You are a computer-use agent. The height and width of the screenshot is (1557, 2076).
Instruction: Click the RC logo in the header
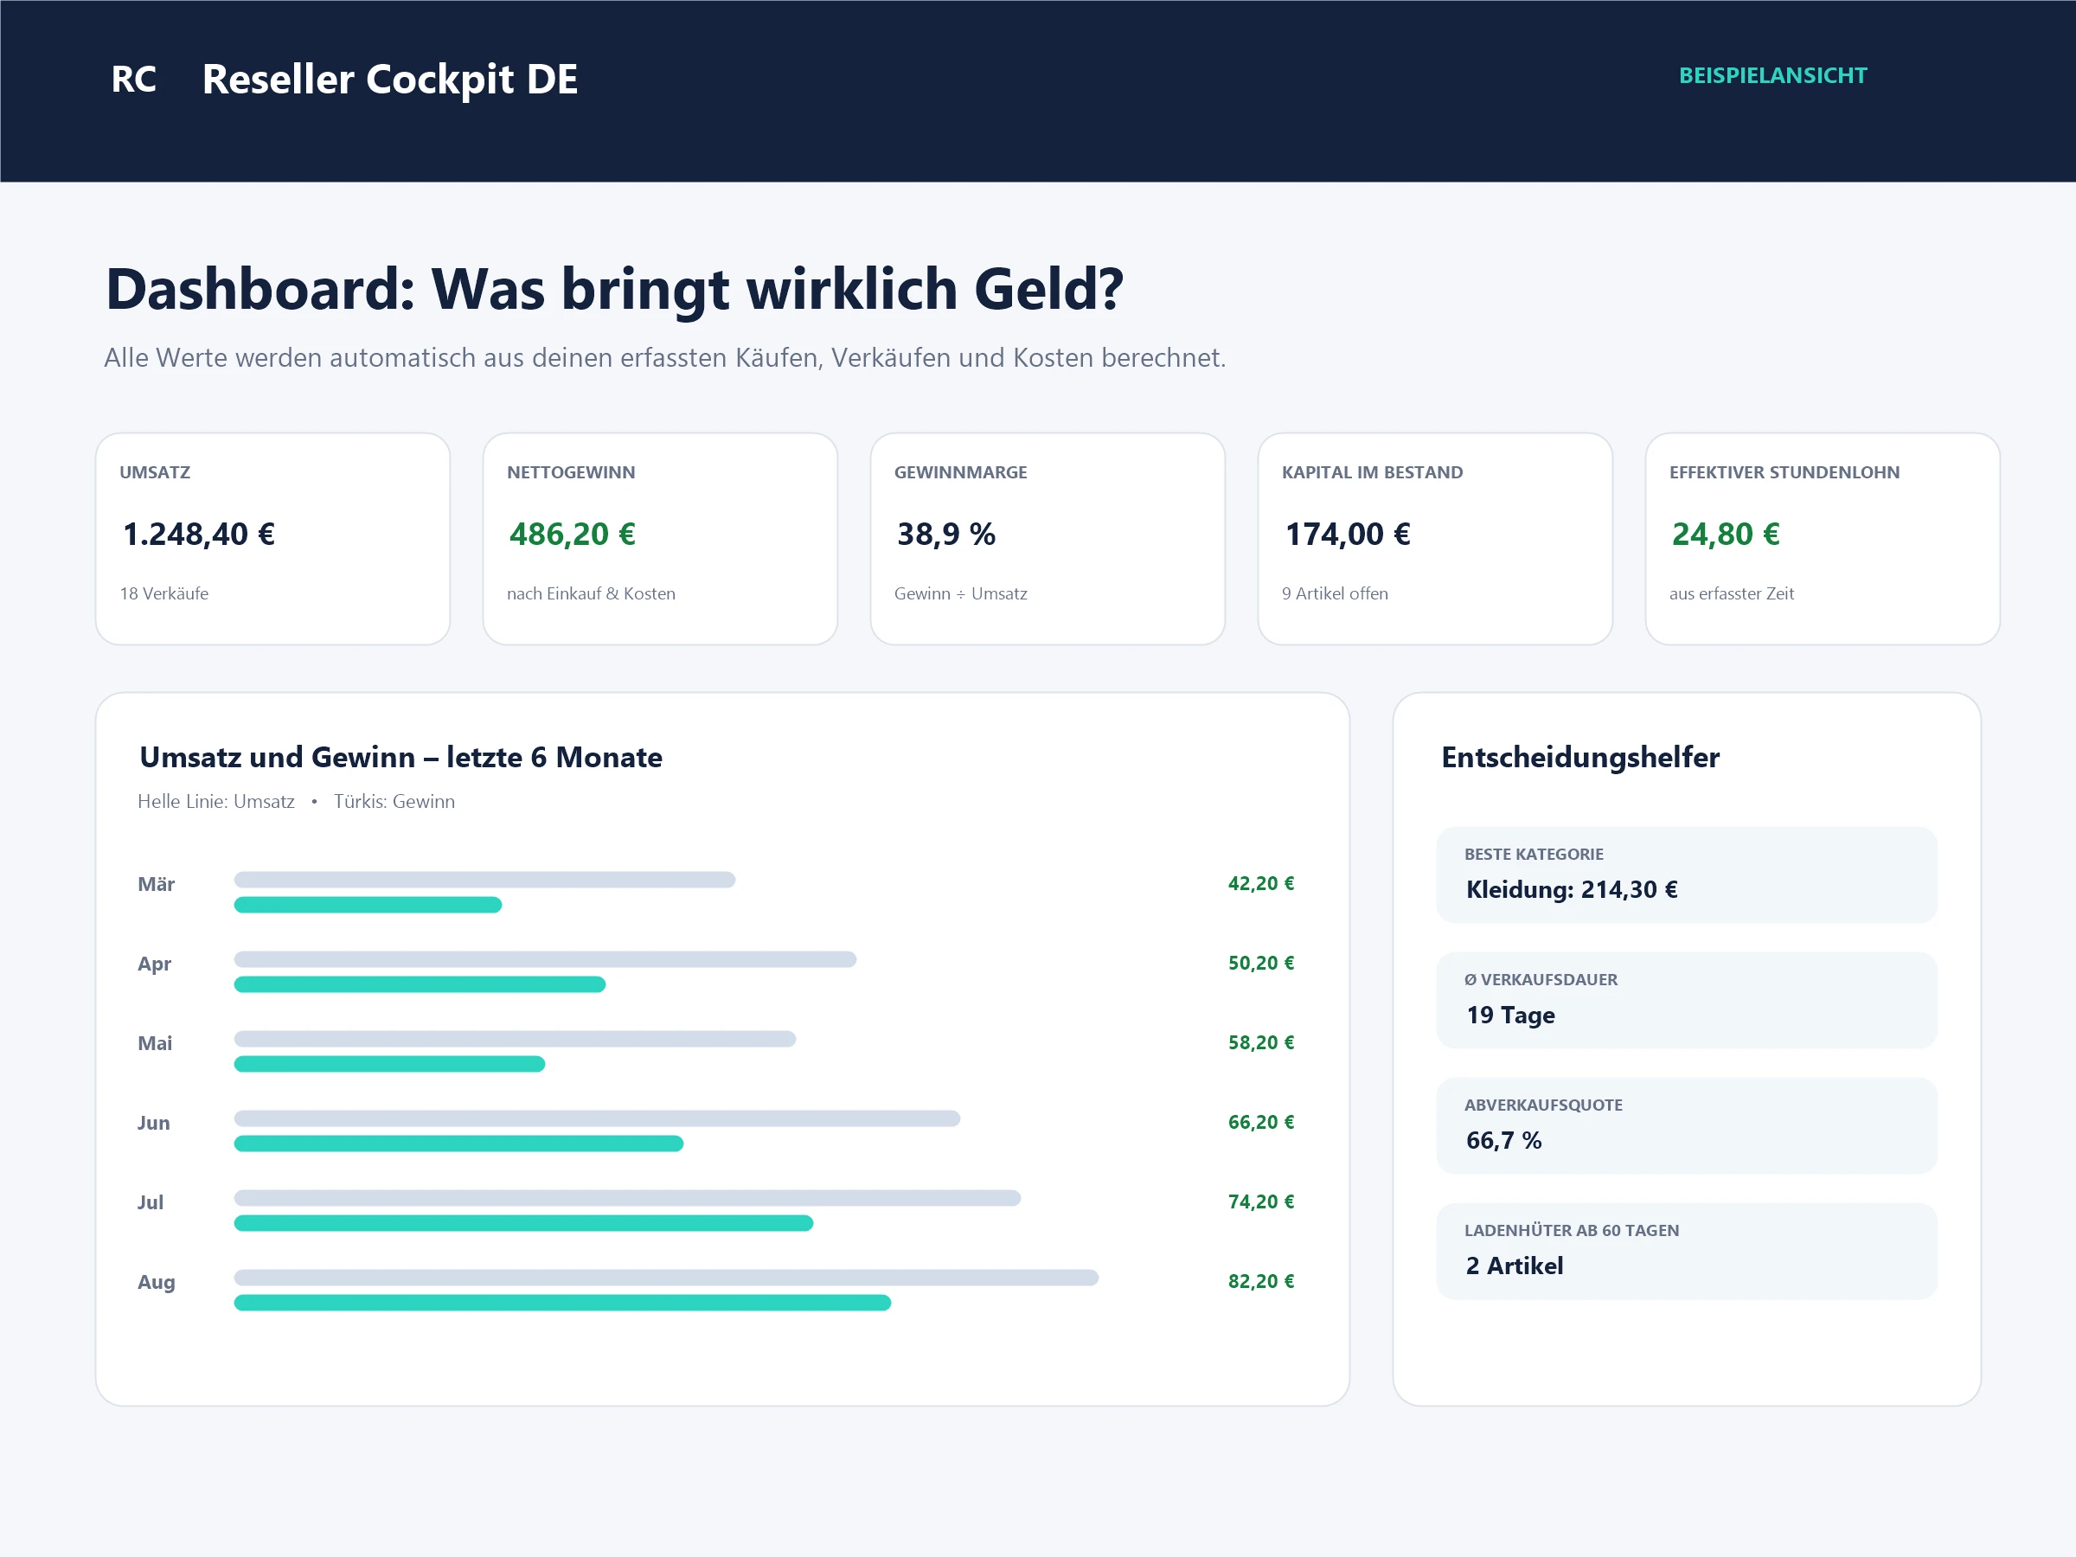(x=133, y=79)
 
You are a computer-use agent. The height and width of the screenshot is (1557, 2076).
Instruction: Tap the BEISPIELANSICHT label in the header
(x=1773, y=76)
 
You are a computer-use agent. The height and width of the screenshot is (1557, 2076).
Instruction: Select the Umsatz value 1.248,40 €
(x=199, y=534)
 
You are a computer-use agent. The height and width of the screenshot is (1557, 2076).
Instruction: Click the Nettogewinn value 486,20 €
(x=573, y=534)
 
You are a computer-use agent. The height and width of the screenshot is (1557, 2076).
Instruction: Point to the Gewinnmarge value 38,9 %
(x=946, y=534)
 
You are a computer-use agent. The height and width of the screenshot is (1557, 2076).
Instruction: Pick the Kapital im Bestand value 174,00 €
(x=1348, y=534)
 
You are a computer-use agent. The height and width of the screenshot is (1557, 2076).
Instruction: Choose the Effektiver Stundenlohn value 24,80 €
(x=1726, y=534)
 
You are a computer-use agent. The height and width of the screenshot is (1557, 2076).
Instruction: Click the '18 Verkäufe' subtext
(x=164, y=593)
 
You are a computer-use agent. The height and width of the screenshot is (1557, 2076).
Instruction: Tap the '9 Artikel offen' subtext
(x=1335, y=593)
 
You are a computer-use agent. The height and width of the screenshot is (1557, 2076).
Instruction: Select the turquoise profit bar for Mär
(x=368, y=905)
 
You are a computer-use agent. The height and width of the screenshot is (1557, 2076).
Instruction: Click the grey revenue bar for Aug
(x=666, y=1278)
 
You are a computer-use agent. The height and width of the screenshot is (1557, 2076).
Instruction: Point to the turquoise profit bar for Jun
(x=459, y=1144)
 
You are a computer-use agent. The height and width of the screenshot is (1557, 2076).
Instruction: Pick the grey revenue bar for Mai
(x=516, y=1039)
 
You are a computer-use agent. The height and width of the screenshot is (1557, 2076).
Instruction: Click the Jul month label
(x=151, y=1202)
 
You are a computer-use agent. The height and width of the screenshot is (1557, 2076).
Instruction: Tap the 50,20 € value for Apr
(x=1261, y=963)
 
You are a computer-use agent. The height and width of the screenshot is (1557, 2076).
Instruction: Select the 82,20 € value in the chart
(x=1261, y=1281)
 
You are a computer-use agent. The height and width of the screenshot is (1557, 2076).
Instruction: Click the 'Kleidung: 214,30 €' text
(x=1572, y=890)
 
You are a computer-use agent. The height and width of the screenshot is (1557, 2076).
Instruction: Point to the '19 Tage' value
(x=1511, y=1016)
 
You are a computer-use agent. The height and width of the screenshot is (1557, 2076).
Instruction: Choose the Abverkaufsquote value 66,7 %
(x=1504, y=1140)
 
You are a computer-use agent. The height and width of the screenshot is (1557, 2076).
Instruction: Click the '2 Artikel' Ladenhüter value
(x=1515, y=1266)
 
